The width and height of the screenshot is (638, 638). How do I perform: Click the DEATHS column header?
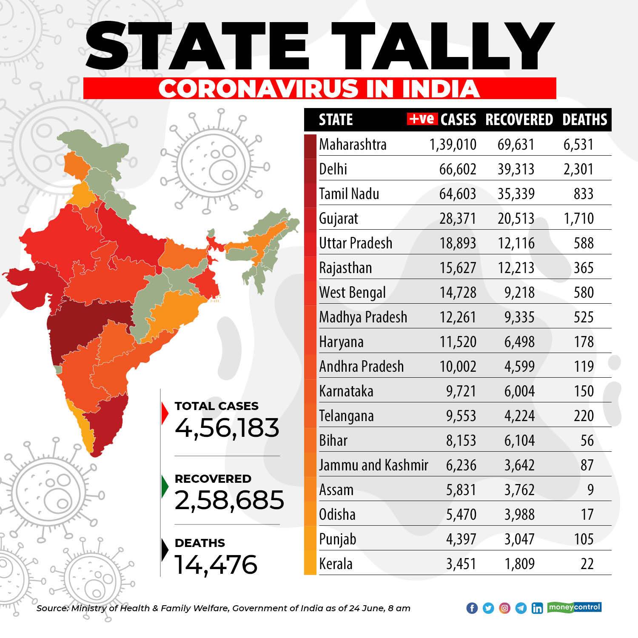tap(585, 120)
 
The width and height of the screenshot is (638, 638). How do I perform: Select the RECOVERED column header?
tap(519, 120)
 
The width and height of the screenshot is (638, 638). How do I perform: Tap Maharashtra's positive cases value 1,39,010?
tap(453, 145)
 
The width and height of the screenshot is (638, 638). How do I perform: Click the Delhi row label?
tap(333, 169)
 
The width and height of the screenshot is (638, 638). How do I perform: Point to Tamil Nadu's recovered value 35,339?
tap(516, 194)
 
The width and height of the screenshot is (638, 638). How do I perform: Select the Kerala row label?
tap(336, 564)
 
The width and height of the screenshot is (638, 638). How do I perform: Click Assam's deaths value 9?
tap(590, 490)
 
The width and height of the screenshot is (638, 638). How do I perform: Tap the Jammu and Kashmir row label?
tap(373, 465)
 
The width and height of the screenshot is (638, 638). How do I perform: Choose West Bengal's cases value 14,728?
tap(458, 293)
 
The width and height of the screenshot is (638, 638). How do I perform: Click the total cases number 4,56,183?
tap(227, 428)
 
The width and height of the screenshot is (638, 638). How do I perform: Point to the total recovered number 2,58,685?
tap(229, 500)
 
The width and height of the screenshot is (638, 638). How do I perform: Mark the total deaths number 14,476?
tap(216, 564)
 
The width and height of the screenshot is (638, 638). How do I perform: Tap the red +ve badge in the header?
tap(422, 119)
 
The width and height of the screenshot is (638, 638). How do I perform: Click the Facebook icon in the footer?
tap(472, 608)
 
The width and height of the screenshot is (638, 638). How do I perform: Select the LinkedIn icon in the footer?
tap(537, 608)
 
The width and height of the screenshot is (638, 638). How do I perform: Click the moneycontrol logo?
tap(575, 607)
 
